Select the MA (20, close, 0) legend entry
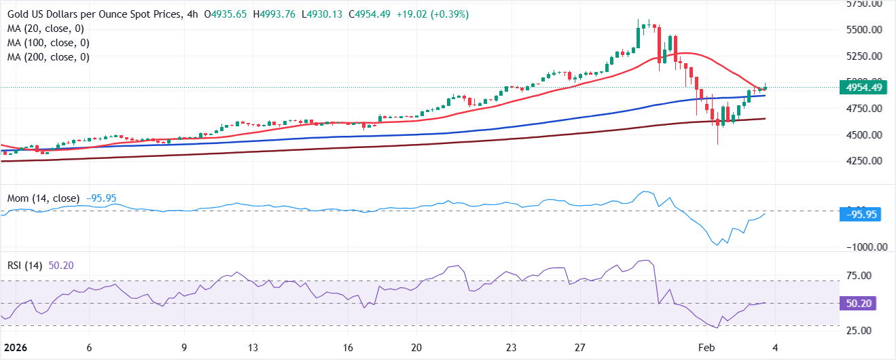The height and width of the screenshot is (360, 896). click(x=46, y=29)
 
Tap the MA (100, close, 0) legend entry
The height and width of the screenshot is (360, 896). click(x=49, y=43)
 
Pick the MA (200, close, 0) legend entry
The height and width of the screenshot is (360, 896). click(x=49, y=57)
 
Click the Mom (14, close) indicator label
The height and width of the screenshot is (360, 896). click(x=43, y=198)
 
